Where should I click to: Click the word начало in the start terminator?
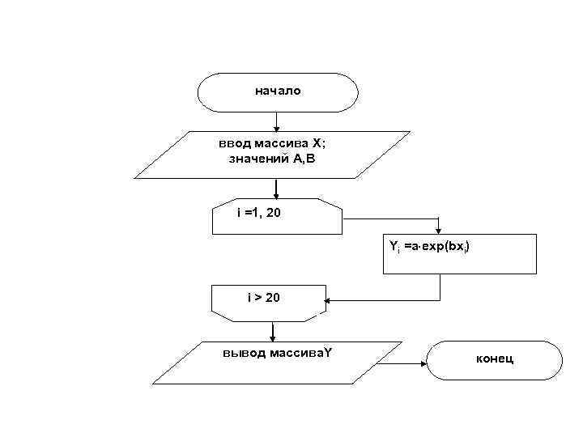click(278, 91)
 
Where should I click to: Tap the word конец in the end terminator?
click(494, 359)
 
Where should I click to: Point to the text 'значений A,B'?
click(270, 159)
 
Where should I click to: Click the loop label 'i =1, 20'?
click(259, 214)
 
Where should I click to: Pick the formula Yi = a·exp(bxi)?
click(428, 244)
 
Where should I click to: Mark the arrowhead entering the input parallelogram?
click(276, 127)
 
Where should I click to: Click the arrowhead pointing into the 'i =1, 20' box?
click(276, 195)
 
